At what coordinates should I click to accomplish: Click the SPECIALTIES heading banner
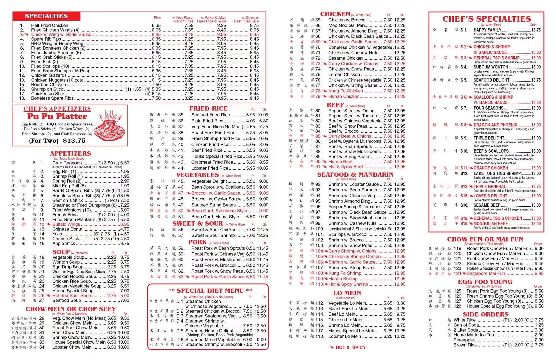[46, 16]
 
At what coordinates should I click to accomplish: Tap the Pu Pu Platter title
[57, 116]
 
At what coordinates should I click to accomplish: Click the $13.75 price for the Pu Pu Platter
[74, 141]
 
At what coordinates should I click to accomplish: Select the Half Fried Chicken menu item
[49, 25]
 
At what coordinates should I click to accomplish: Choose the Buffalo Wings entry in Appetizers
[66, 224]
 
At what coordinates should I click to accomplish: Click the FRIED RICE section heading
[208, 108]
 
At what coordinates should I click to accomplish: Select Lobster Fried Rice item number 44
[209, 168]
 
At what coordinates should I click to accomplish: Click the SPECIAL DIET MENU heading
[210, 291]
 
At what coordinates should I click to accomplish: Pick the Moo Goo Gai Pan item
[347, 25]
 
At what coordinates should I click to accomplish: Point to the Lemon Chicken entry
[344, 75]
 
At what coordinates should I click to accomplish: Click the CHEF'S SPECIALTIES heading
[486, 19]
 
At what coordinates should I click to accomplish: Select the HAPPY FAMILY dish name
[487, 30]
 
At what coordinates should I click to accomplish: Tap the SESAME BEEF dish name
[487, 205]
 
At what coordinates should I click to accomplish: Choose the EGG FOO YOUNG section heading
[485, 282]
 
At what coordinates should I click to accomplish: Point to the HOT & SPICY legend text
[350, 347]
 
